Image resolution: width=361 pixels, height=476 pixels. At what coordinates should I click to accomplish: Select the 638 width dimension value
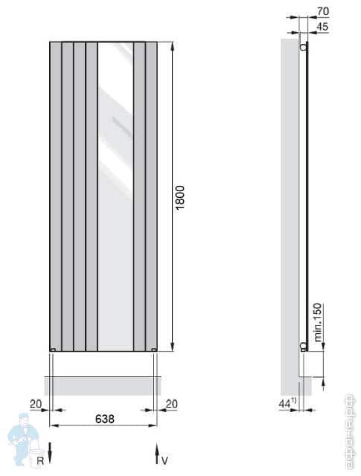(x=104, y=419)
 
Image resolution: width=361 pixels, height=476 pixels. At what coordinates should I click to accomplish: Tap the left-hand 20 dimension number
(x=36, y=403)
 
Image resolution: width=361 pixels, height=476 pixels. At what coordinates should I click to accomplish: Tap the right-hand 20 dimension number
(x=170, y=403)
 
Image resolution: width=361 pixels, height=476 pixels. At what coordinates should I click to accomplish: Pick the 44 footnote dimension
(x=287, y=403)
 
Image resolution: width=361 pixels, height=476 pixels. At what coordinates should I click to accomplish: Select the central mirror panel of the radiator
(x=115, y=196)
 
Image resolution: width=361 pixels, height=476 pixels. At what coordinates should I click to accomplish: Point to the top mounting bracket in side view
(x=303, y=47)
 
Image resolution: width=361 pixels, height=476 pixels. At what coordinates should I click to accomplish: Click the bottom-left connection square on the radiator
(x=52, y=349)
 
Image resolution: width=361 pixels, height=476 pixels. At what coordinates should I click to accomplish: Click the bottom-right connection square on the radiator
(x=153, y=349)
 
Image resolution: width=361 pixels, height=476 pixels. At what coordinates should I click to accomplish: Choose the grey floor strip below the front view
(x=102, y=385)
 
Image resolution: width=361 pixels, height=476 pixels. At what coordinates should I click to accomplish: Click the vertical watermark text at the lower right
(x=349, y=431)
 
